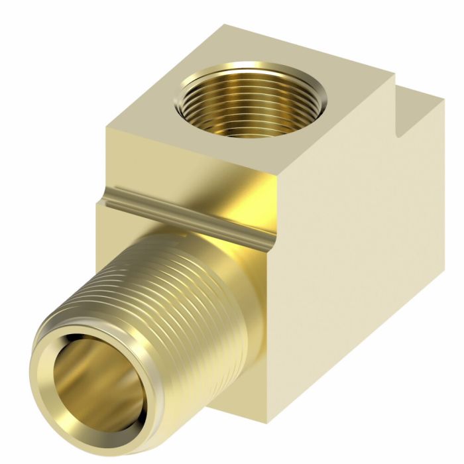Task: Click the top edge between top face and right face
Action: pyautogui.click(x=345, y=133)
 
